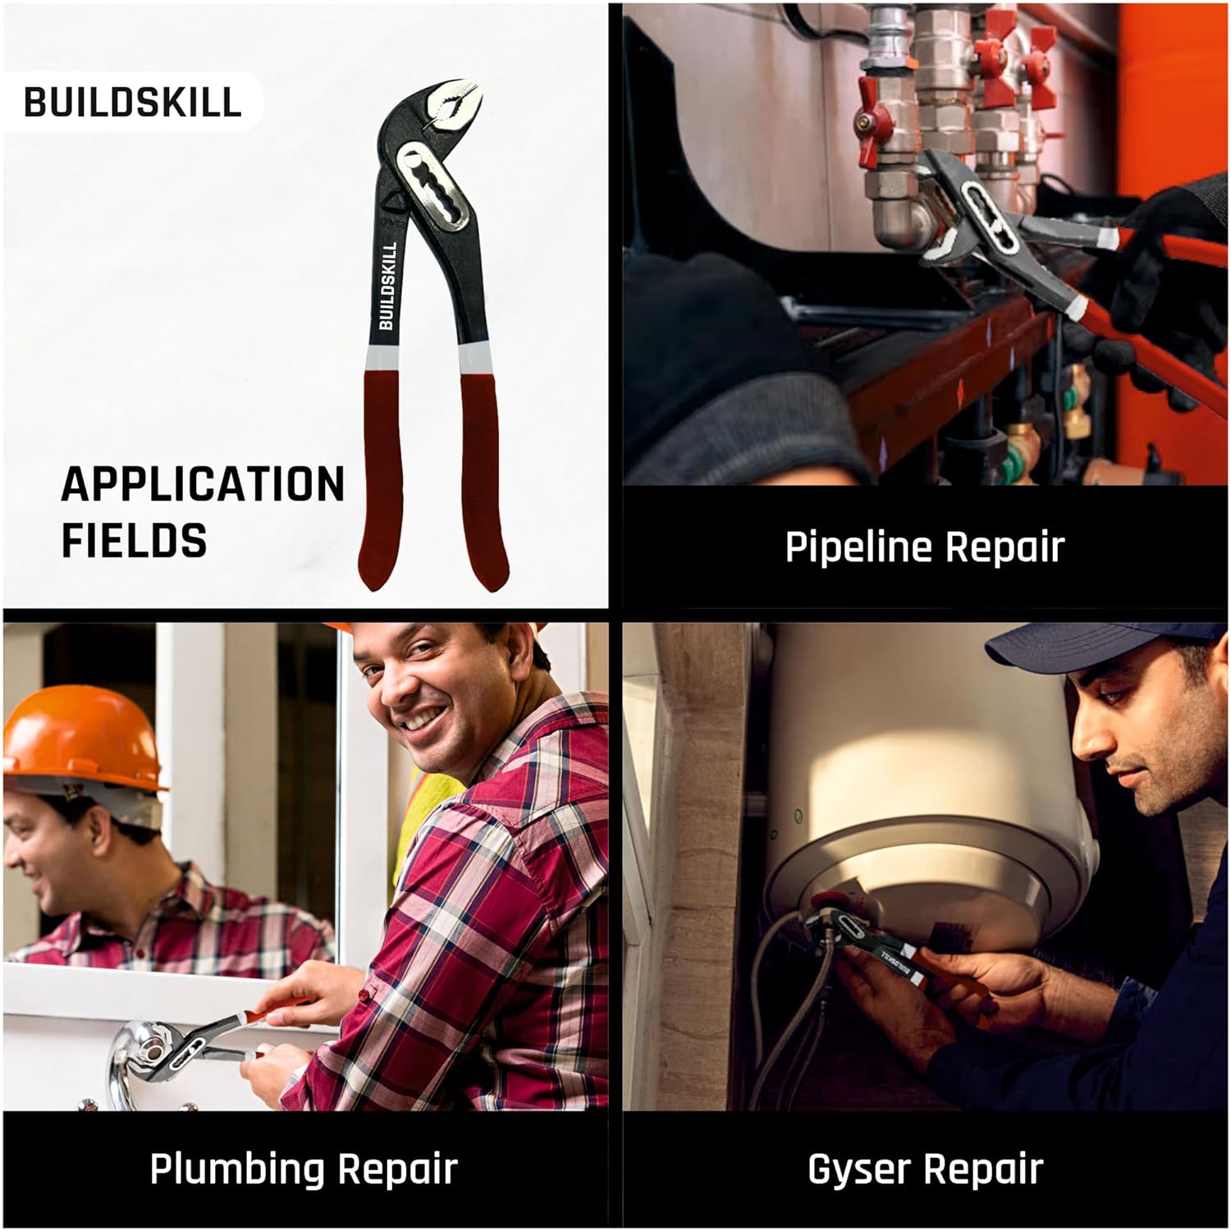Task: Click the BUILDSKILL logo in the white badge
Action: coord(132,103)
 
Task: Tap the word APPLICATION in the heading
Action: coord(203,484)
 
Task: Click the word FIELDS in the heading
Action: coord(134,541)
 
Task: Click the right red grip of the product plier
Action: coord(482,476)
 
